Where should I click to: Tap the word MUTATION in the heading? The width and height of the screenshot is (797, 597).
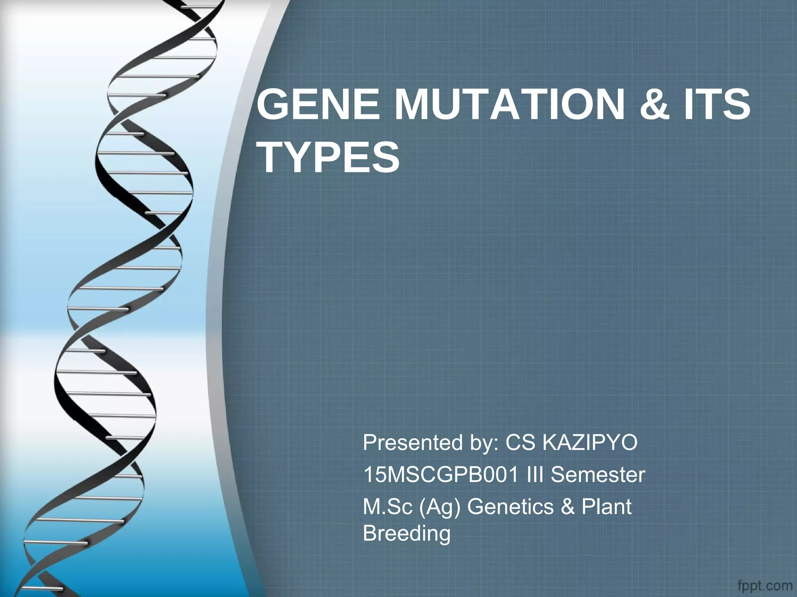click(510, 105)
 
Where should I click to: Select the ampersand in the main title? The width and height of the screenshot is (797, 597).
click(655, 105)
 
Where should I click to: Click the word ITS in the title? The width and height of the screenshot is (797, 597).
click(718, 105)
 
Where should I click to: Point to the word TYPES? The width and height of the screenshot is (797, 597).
click(329, 158)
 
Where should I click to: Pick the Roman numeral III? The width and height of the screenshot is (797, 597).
click(536, 475)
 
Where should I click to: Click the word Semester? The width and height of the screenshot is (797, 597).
click(598, 475)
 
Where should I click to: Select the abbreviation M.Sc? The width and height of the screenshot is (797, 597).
click(388, 507)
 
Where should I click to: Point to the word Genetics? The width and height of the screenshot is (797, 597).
click(510, 507)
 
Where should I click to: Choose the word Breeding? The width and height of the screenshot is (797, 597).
click(406, 533)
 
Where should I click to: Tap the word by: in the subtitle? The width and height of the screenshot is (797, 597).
click(484, 443)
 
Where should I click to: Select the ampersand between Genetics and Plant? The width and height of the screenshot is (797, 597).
click(567, 507)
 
